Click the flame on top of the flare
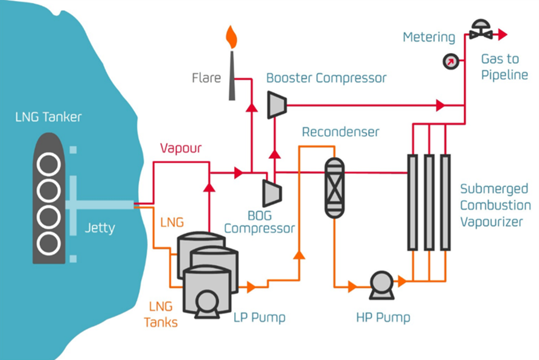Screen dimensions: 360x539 [231, 36]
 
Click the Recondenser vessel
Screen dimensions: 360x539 [334, 187]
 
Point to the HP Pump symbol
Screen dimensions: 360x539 [381, 284]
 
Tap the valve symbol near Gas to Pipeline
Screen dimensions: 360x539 [481, 30]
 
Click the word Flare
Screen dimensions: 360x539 [206, 78]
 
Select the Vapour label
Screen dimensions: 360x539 [180, 148]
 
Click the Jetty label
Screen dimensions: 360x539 [100, 229]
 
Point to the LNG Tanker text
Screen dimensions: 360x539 [48, 117]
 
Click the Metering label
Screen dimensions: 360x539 [429, 37]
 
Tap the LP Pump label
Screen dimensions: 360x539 [259, 318]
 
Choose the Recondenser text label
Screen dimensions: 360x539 [340, 132]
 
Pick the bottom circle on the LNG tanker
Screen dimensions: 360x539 [48, 244]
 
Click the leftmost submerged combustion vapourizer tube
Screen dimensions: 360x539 [412, 202]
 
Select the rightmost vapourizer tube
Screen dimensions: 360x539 [445, 202]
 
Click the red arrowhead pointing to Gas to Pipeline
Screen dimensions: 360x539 [500, 35]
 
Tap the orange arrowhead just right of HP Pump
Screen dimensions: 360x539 [402, 281]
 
